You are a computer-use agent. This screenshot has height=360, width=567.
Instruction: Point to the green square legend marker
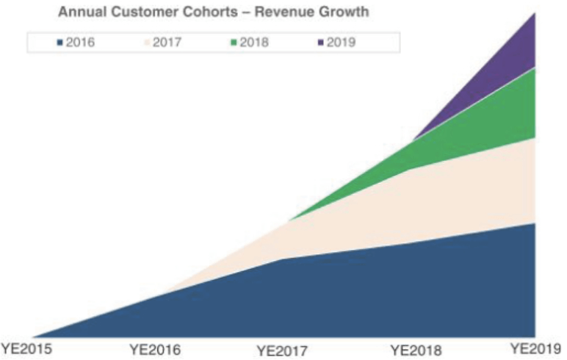click(x=234, y=43)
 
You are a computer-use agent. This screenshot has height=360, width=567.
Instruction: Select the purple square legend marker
click(x=320, y=43)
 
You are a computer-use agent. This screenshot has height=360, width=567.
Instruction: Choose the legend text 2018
click(x=254, y=43)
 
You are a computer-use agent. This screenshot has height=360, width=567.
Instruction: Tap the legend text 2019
click(x=341, y=43)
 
